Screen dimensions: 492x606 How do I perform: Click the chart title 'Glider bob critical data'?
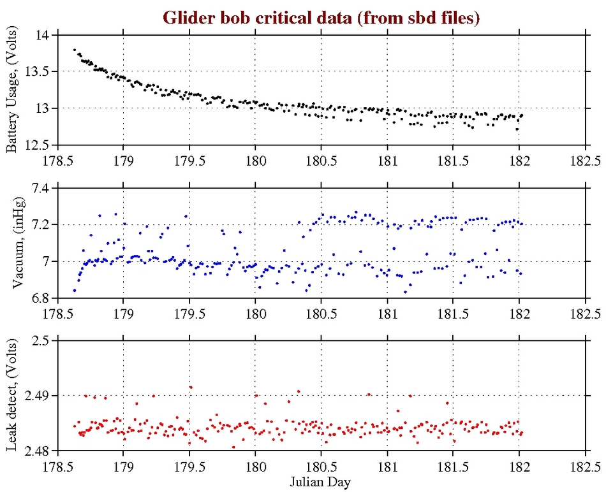click(321, 17)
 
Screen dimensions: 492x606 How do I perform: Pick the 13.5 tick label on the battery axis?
click(36, 72)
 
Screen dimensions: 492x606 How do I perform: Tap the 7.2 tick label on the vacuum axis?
click(40, 224)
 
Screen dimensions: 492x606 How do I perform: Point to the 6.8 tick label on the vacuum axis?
click(40, 298)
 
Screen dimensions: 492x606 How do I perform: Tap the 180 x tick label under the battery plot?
click(255, 159)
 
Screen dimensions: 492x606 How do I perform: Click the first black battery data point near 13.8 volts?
click(75, 50)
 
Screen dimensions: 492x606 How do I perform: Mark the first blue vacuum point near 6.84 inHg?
click(75, 291)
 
